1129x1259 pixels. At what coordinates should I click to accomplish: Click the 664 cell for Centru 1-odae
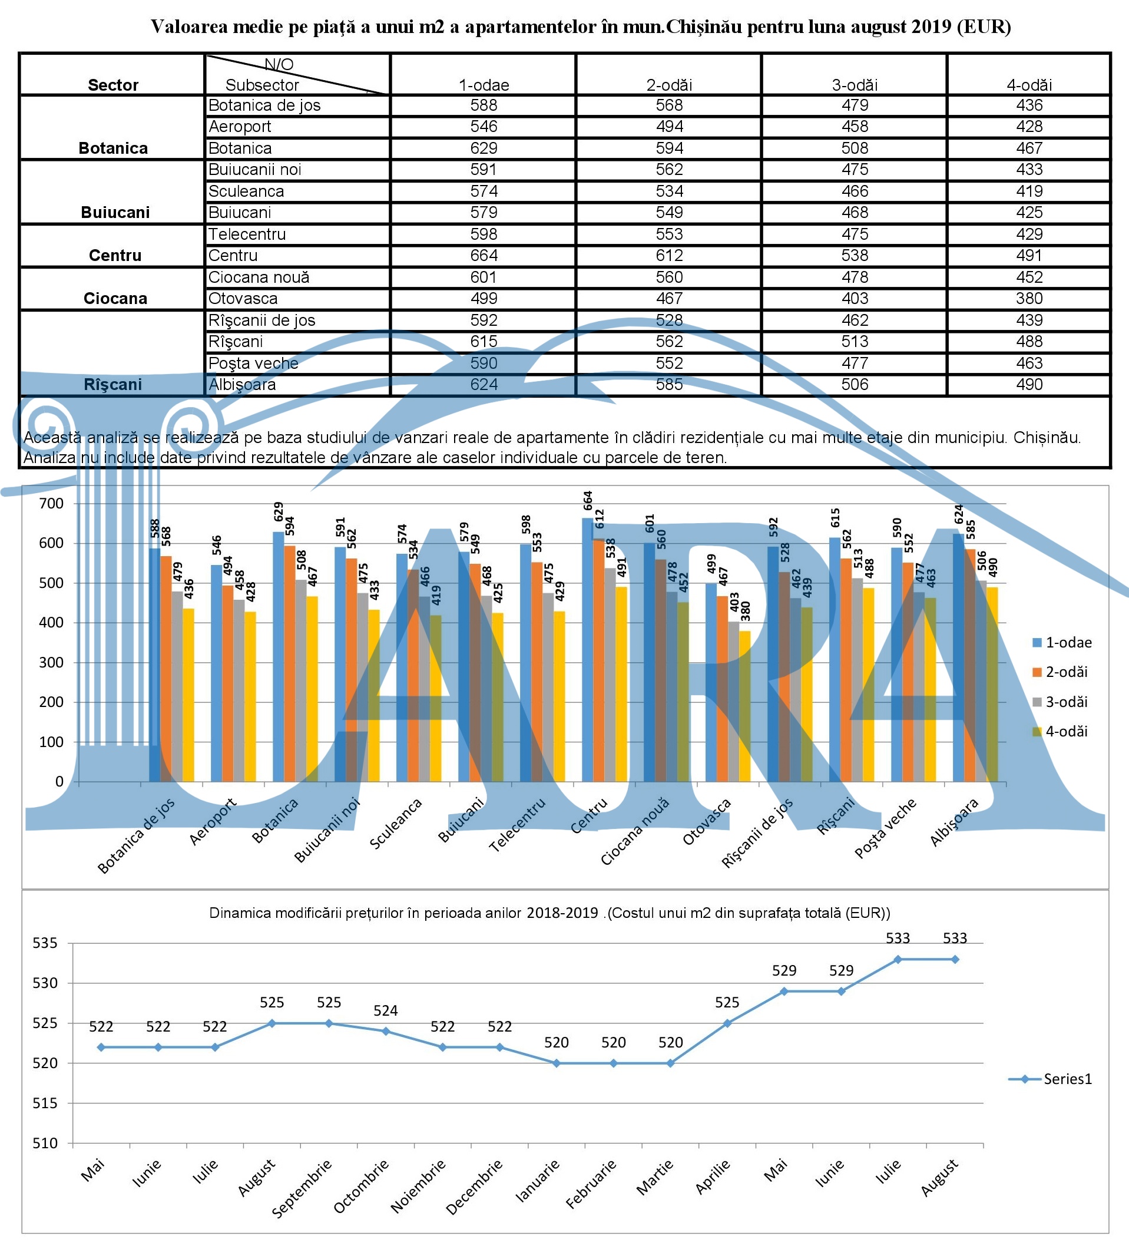[x=484, y=256]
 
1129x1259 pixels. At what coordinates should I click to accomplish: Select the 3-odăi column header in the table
[x=854, y=84]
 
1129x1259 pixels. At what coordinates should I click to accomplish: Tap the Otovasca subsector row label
[x=243, y=299]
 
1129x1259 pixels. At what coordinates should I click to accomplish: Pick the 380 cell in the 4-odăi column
[x=1028, y=299]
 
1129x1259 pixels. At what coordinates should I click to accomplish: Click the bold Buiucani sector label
[x=115, y=212]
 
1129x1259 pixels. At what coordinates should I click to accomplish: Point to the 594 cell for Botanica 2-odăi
[x=668, y=148]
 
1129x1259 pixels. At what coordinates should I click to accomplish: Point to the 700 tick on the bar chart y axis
[x=51, y=503]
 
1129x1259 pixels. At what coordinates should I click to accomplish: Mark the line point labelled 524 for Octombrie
[x=385, y=1031]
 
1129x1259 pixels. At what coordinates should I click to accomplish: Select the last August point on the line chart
[x=955, y=959]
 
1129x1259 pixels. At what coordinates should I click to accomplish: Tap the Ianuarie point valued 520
[x=557, y=1063]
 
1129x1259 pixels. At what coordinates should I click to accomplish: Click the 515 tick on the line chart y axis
[x=45, y=1103]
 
